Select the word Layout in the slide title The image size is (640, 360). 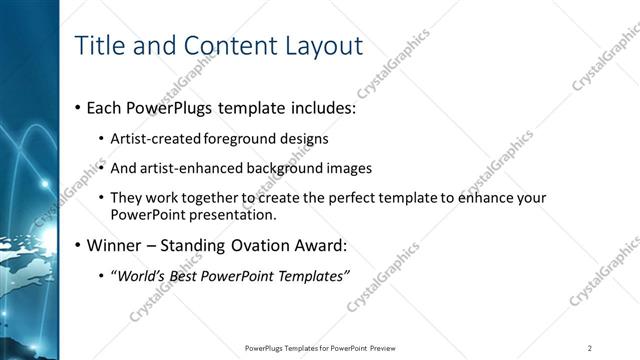319,45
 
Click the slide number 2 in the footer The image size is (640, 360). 590,347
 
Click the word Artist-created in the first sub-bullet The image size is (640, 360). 156,138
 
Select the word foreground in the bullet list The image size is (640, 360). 241,138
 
